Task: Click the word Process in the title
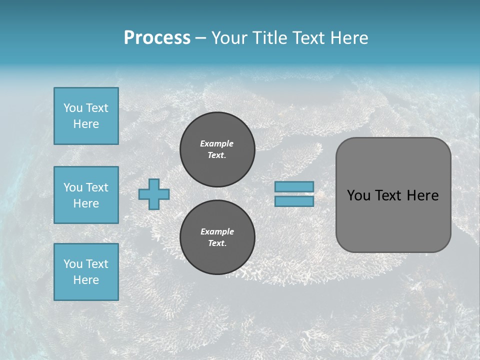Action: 157,38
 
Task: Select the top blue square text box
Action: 86,116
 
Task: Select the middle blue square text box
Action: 86,195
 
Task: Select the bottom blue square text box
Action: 86,272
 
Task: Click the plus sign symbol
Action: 154,194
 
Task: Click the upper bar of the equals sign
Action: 294,187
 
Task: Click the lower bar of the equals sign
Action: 294,201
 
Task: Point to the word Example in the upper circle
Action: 217,143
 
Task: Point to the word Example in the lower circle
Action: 217,231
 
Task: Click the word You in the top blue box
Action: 73,108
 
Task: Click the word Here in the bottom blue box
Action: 86,280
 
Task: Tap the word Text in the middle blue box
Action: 97,187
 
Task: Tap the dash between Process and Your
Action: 200,38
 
